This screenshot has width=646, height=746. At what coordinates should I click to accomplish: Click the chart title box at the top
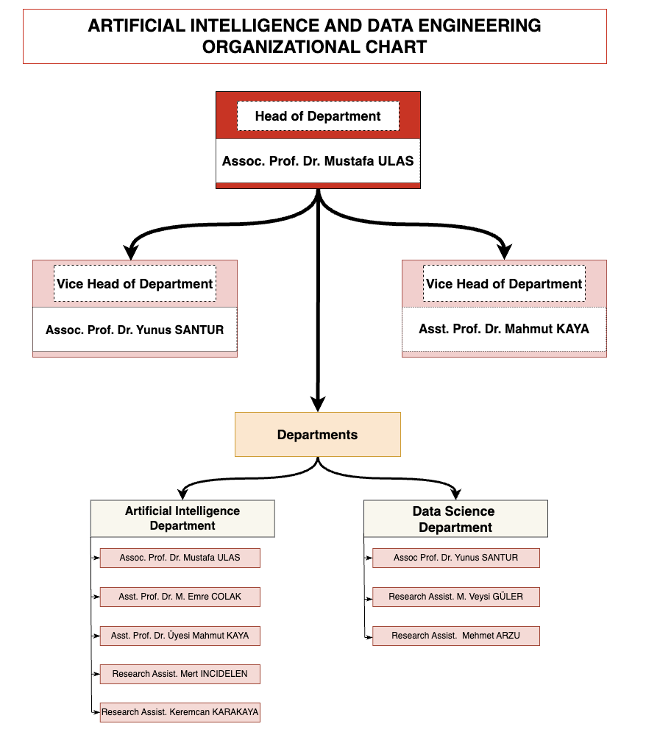click(314, 36)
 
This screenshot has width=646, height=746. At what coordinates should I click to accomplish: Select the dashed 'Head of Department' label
click(318, 116)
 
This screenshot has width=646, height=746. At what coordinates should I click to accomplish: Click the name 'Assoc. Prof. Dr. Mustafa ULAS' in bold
click(318, 161)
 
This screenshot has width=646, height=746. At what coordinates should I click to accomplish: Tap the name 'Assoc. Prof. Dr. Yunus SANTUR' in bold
click(135, 330)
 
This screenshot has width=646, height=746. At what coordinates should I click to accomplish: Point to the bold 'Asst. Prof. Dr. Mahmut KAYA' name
click(504, 329)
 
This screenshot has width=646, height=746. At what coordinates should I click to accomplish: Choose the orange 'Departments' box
click(318, 434)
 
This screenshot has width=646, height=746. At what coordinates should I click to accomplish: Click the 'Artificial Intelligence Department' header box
click(182, 519)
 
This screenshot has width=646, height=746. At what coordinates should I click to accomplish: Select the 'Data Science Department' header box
click(455, 519)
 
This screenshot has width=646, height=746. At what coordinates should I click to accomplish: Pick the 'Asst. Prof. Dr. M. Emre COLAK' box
click(180, 597)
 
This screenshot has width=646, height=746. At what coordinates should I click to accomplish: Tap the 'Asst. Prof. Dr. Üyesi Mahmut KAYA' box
click(180, 636)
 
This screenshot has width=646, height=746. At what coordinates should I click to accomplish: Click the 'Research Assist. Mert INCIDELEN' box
click(180, 674)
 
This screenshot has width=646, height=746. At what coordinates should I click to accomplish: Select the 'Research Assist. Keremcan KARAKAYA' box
click(180, 712)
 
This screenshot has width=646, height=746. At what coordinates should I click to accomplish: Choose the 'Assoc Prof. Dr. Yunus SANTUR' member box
click(455, 558)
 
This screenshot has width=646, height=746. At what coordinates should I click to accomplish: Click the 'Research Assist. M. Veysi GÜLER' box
click(455, 597)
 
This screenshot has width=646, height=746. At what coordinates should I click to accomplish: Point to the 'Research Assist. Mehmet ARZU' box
click(455, 636)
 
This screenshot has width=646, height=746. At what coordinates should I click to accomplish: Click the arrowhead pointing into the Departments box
click(318, 404)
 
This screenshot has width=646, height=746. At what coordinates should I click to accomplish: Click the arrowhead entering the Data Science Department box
click(455, 494)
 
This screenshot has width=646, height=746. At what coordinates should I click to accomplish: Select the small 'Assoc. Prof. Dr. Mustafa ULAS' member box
click(180, 558)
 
